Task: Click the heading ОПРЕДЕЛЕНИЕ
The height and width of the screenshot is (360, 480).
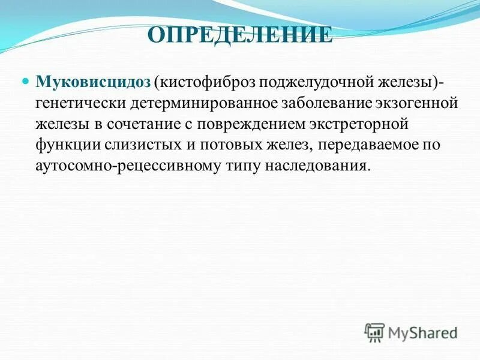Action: coord(240,35)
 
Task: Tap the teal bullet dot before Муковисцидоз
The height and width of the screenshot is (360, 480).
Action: coord(26,80)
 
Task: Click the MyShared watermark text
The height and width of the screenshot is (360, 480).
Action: coord(422,332)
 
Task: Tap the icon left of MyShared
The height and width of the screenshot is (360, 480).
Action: coord(374,332)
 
